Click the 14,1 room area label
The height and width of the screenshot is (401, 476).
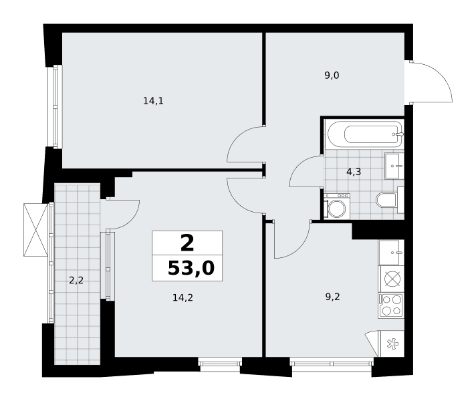pos(153,101)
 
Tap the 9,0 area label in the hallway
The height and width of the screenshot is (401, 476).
pos(332,76)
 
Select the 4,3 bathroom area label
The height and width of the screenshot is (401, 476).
pos(354,172)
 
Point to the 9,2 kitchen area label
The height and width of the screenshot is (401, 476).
pos(333,297)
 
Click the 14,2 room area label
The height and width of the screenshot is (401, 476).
pos(183,298)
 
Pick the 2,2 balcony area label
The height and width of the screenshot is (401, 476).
pos(76,281)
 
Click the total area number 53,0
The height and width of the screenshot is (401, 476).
pos(191,269)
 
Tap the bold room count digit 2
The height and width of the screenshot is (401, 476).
pos(187,243)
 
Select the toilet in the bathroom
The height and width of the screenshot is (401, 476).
pos(390,200)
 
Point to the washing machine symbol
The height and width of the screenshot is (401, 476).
pos(336,206)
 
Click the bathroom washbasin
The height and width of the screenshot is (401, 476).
pos(394,166)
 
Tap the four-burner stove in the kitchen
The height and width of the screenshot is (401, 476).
pos(391,305)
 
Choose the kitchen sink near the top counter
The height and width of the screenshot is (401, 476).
pos(391,253)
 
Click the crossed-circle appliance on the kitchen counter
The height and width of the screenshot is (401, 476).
pos(392,279)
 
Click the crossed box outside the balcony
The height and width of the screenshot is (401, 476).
pos(36,230)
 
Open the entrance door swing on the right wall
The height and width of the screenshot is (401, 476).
pos(431,82)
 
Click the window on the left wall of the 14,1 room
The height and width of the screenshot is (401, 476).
pos(55,106)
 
